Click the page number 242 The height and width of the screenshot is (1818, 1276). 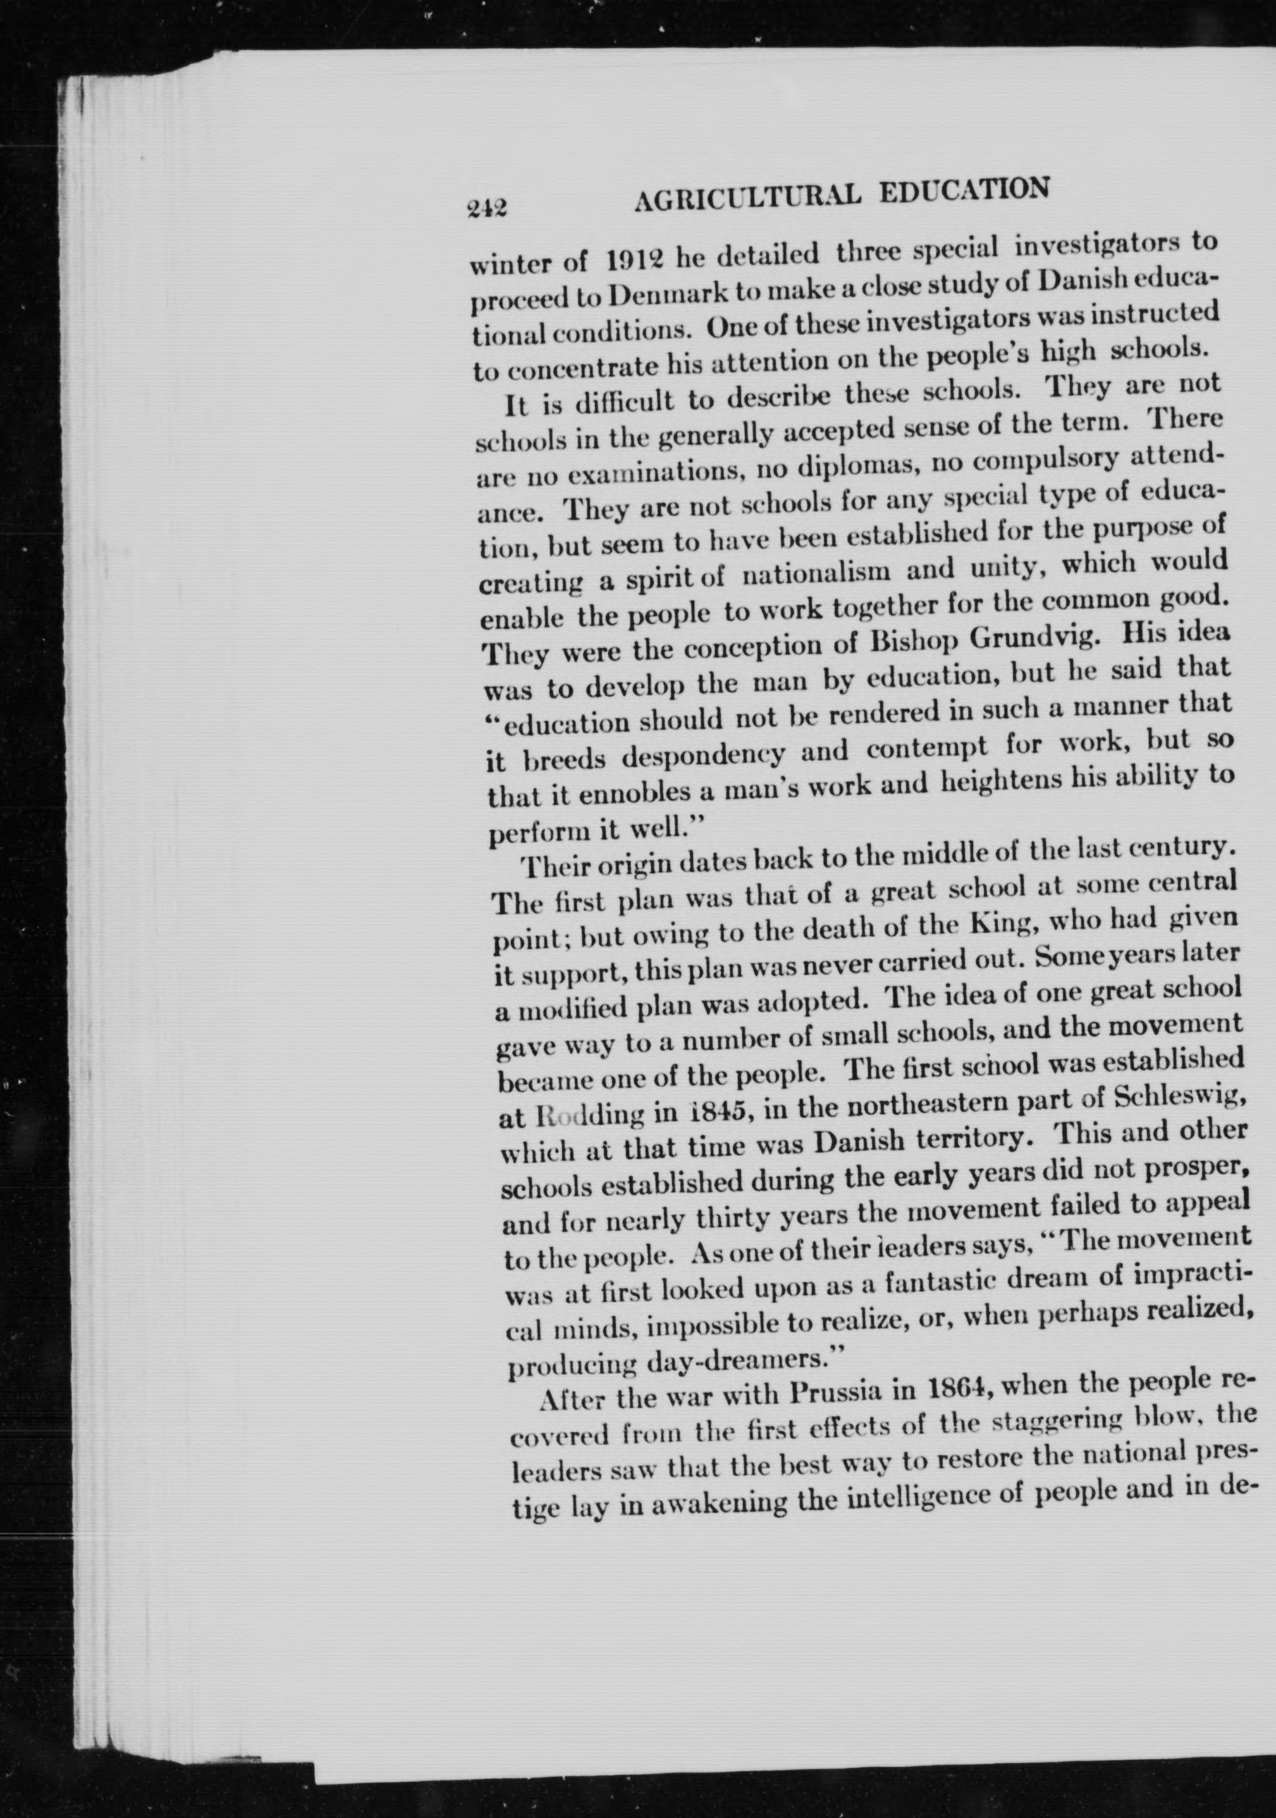pyautogui.click(x=486, y=207)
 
